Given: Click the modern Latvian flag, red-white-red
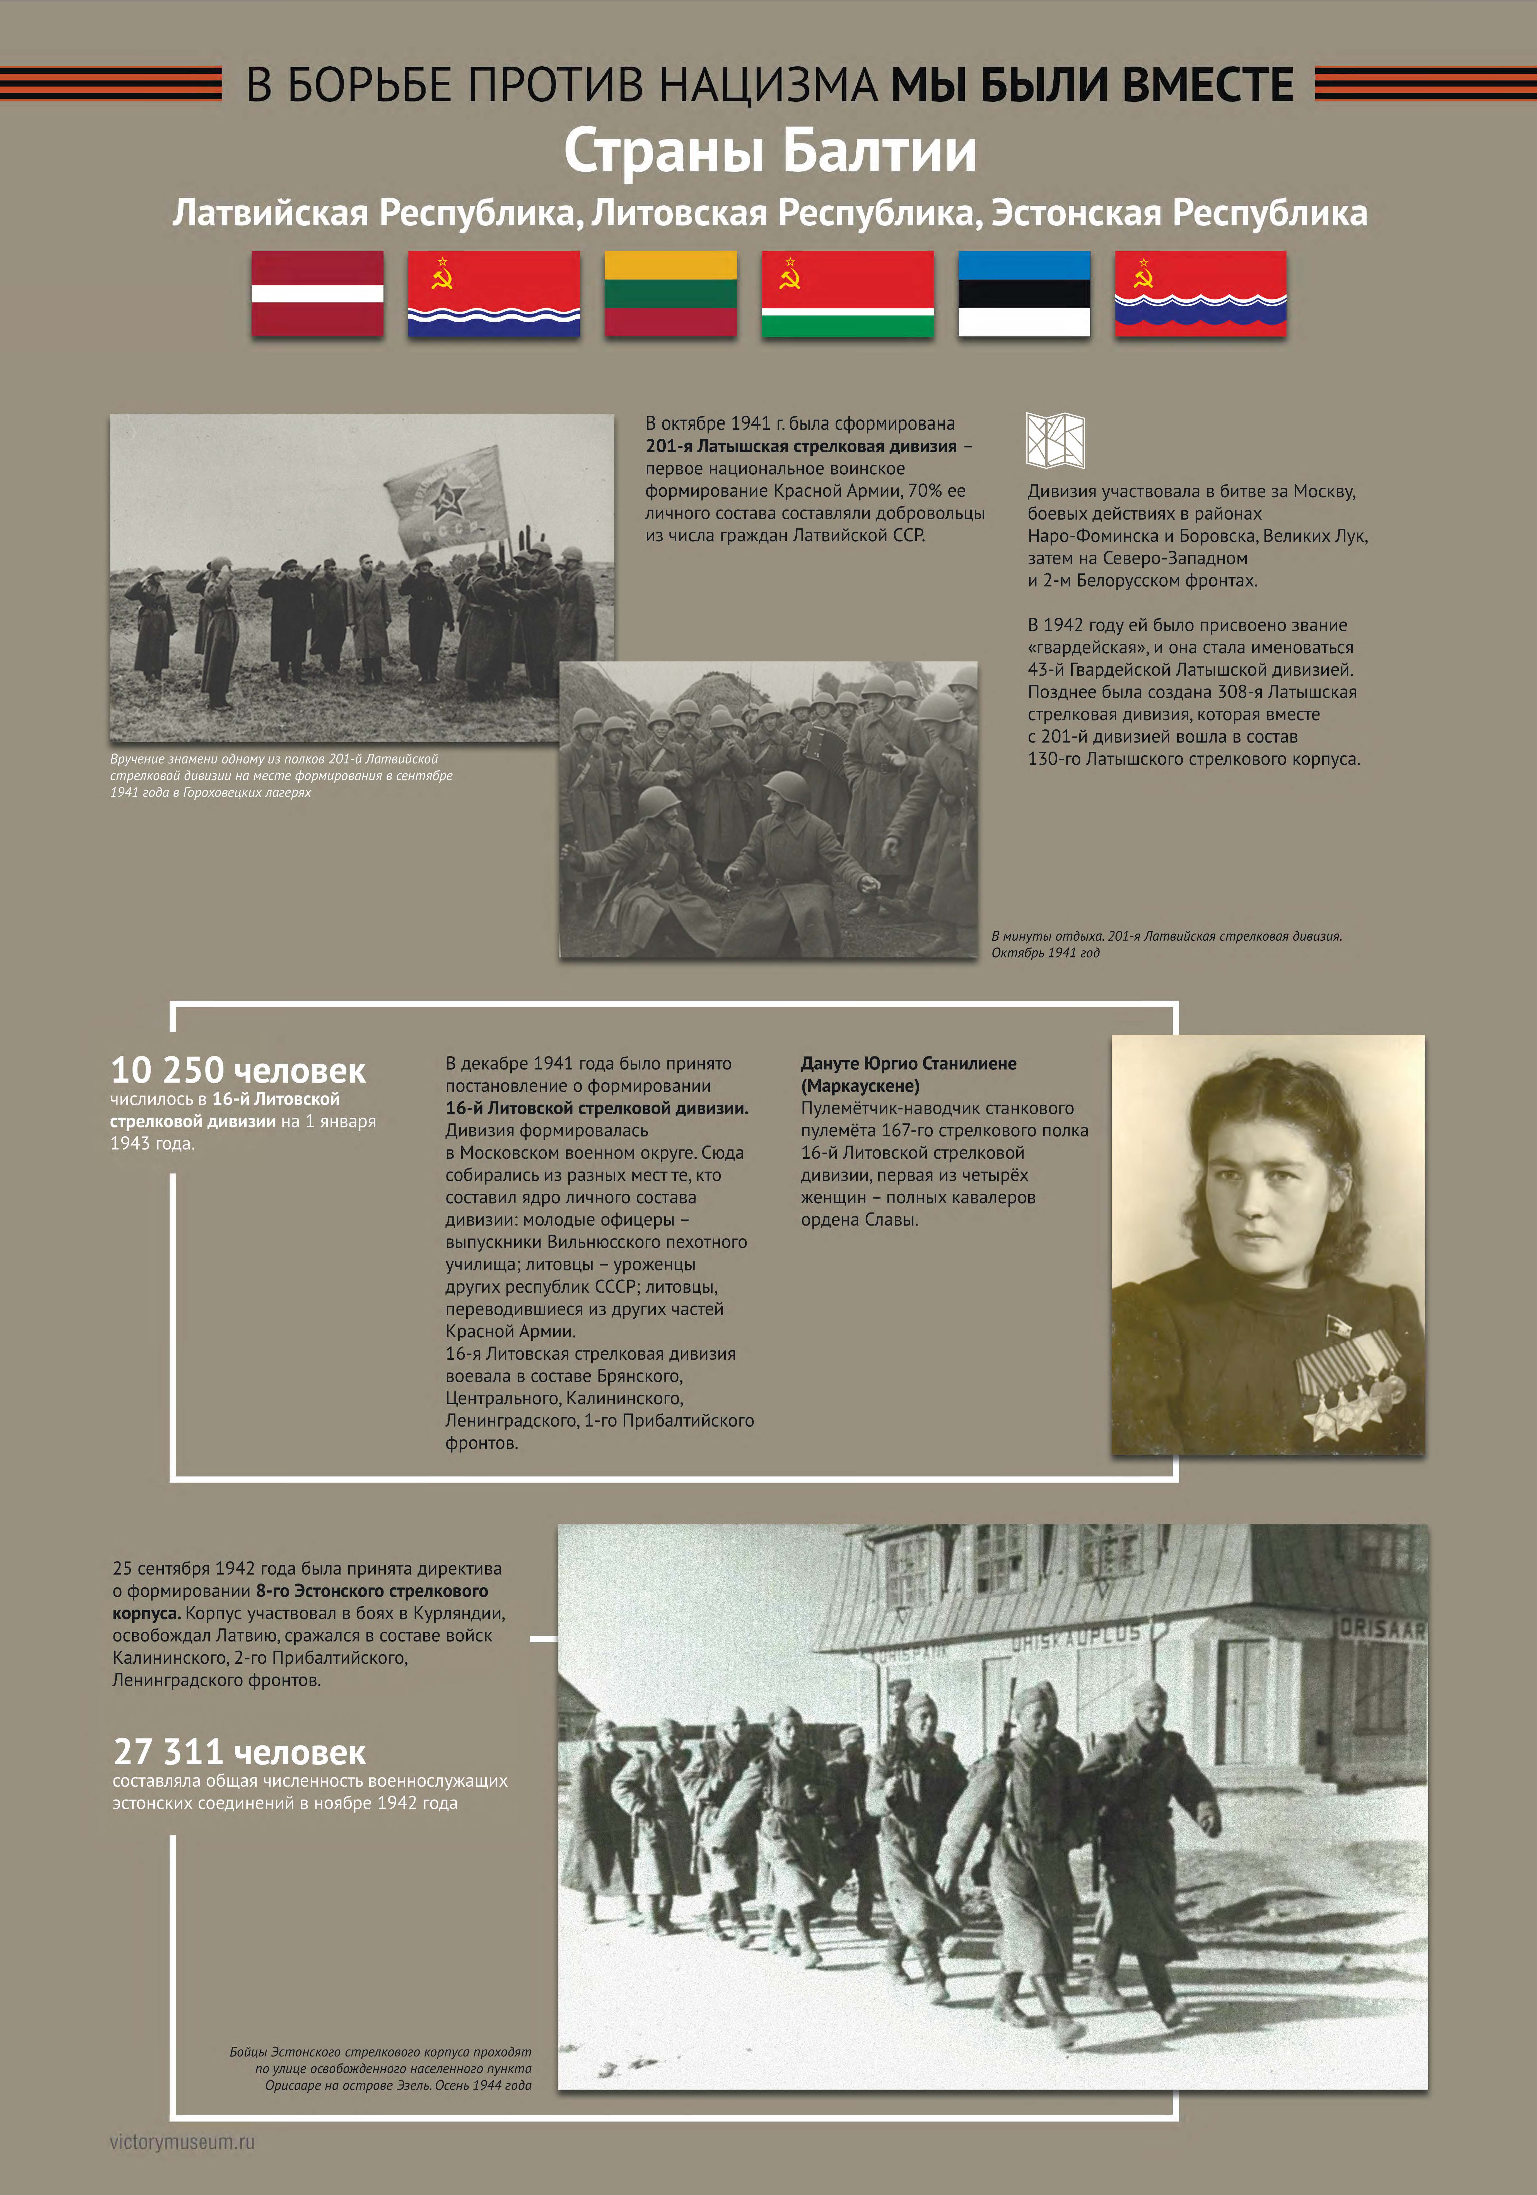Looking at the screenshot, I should coord(318,294).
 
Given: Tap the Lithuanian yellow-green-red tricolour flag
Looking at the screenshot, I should coord(670,294).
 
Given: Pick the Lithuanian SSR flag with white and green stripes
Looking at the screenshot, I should coord(847,294).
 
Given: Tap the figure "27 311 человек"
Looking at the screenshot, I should coord(239,1752).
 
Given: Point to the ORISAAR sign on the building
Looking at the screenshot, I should coord(1382,1628).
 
